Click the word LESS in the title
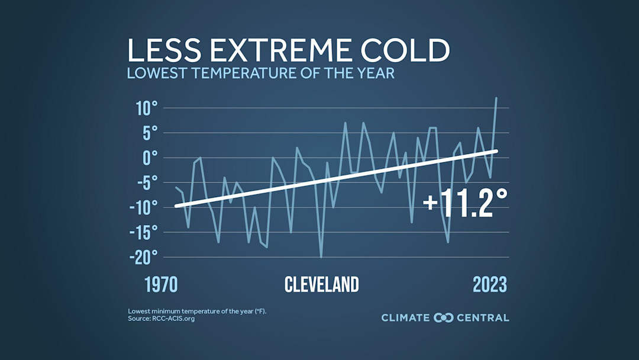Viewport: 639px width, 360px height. click(161, 51)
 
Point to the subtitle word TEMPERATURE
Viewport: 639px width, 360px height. click(251, 74)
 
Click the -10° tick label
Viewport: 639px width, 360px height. click(144, 208)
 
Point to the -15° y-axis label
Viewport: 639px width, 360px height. click(144, 233)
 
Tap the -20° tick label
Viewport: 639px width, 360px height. click(144, 258)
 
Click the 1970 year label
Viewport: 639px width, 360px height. click(161, 285)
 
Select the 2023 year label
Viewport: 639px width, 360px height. click(490, 285)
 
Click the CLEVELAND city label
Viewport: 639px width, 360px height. click(321, 285)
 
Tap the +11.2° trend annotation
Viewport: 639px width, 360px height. click(465, 202)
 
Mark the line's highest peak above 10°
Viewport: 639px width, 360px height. click(496, 98)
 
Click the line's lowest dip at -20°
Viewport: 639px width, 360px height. click(321, 257)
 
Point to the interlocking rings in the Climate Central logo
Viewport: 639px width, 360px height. click(443, 318)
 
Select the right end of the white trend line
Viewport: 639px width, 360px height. click(496, 151)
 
